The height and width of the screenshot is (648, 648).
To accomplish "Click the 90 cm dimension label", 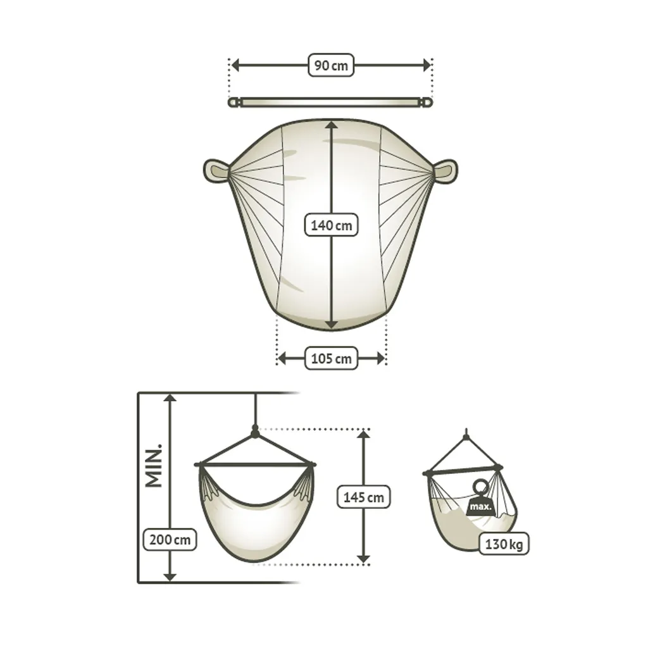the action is coord(331,65).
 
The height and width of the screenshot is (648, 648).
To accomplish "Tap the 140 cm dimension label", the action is coord(331,225).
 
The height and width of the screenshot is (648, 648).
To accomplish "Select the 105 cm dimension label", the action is coord(331,358).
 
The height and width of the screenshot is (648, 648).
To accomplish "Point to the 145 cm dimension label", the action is coord(364,497).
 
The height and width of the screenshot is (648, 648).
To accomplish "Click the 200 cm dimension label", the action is coord(170,540).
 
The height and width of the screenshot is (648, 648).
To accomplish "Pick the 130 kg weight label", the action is coord(504,544).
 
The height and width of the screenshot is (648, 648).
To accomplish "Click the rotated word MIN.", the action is coord(154,466).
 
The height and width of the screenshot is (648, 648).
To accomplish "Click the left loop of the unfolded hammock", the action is coord(216,170).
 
